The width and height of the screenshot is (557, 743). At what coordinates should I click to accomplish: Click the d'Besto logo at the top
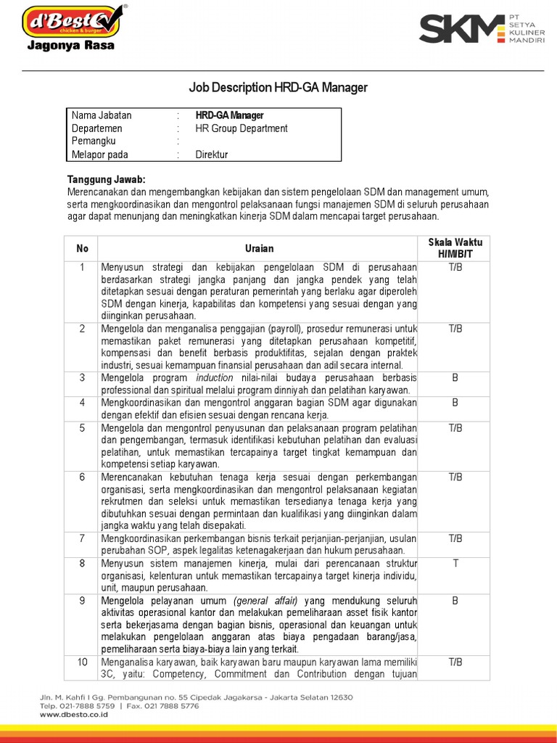[73, 21]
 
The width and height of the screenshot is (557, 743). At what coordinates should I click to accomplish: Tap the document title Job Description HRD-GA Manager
[278, 88]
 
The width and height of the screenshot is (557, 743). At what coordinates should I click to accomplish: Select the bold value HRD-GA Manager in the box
[230, 115]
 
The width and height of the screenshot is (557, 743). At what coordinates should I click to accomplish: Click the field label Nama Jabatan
[102, 115]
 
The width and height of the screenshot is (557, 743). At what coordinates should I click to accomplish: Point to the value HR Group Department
[242, 128]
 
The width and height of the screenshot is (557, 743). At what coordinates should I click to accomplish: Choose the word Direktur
[212, 155]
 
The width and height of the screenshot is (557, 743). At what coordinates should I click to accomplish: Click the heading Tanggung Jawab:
[107, 179]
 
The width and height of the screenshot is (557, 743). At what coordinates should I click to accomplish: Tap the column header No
[82, 248]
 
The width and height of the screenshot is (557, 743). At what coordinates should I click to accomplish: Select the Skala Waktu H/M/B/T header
[455, 248]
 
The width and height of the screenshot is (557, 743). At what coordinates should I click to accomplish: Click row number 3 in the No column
[82, 378]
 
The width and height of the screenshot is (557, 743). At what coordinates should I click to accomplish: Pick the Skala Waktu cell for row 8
[455, 562]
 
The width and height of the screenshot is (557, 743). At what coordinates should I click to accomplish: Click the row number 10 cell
[82, 662]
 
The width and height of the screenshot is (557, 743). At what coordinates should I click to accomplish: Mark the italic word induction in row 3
[215, 378]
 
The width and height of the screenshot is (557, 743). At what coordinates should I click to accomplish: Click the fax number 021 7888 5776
[173, 706]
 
